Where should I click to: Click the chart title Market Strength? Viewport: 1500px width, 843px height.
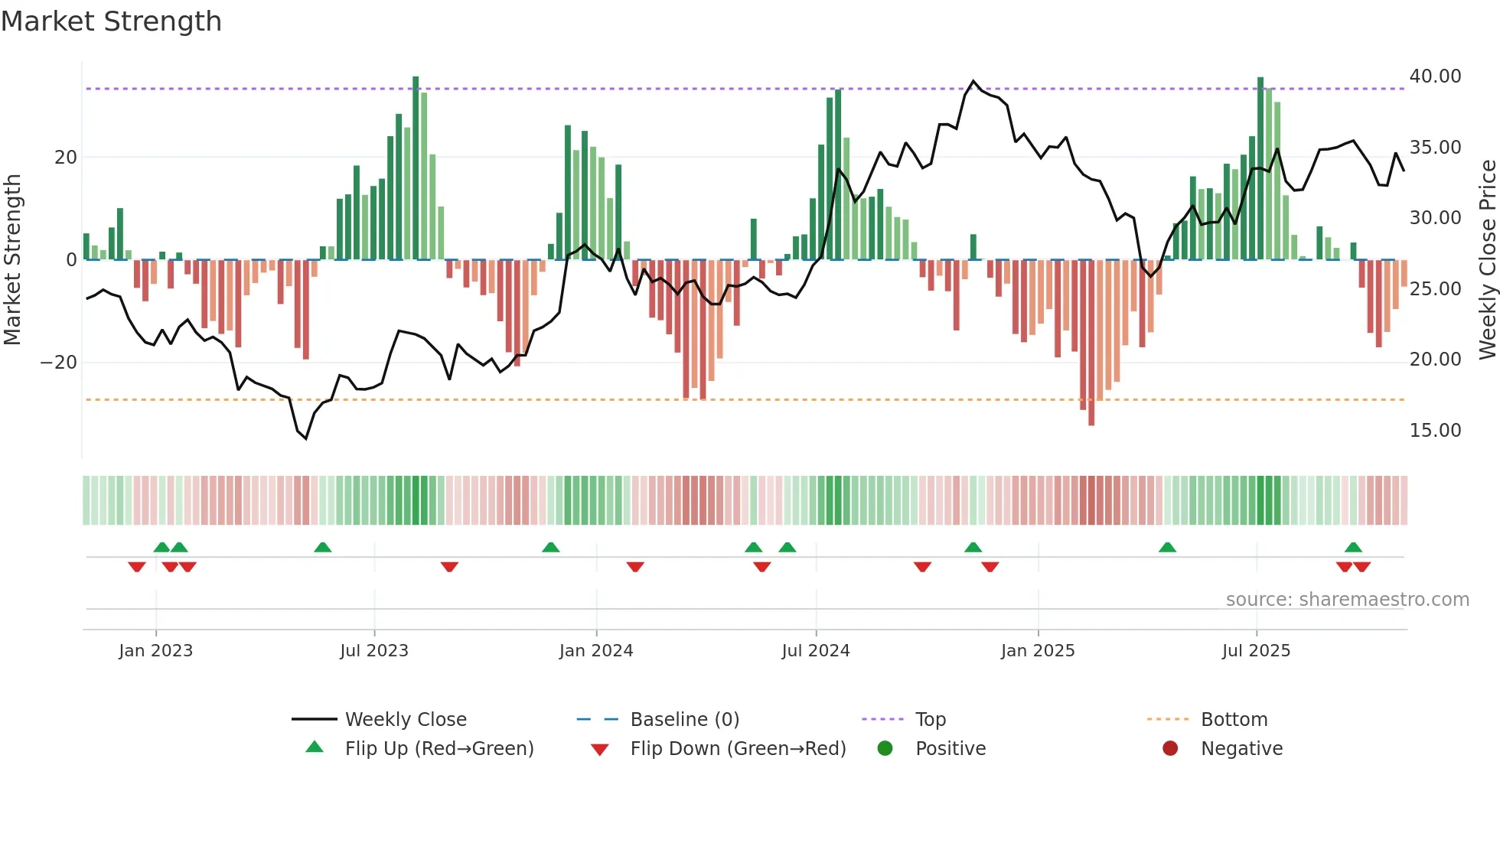111,21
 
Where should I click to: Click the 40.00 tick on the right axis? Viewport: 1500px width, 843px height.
1435,76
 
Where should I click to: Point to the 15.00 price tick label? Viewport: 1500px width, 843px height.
1435,431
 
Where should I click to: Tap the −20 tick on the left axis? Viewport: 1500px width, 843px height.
59,363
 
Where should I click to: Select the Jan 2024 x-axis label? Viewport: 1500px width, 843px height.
595,651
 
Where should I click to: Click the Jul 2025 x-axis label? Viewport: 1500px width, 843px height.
1256,651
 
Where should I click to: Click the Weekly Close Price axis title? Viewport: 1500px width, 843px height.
1487,260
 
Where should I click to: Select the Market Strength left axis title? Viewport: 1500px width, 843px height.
13,260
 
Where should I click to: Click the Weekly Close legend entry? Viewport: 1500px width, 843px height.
405,720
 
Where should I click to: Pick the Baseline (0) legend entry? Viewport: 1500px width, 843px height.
684,720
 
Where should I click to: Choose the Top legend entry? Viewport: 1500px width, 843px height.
930,720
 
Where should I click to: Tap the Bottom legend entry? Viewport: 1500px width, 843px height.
1234,720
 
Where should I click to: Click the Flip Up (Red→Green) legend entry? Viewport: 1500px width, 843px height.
439,749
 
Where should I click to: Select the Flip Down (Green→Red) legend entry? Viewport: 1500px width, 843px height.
738,749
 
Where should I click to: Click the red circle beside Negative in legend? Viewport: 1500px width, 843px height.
1170,749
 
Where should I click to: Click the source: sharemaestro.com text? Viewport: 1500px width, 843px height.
1347,600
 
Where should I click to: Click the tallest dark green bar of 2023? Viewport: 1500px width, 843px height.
416,168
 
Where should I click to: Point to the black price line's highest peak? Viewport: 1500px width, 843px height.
973,81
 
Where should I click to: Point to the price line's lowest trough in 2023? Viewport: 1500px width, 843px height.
306,438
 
